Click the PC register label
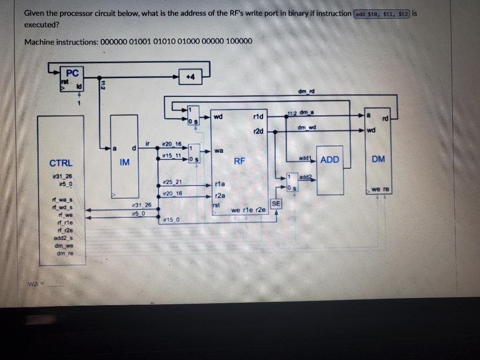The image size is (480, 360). [x=73, y=73]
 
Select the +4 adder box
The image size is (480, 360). [x=191, y=77]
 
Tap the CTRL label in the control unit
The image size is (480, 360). [x=61, y=163]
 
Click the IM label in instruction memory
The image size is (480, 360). [x=124, y=162]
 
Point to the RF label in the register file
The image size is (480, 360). [x=240, y=161]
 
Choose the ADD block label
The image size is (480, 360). [x=330, y=160]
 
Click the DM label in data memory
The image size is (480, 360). [x=378, y=159]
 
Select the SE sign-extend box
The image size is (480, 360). [x=276, y=203]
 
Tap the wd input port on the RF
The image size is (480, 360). [x=218, y=116]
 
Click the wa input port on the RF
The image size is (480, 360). [x=218, y=151]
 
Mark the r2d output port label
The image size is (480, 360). [x=257, y=132]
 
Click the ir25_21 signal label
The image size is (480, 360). [x=172, y=181]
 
